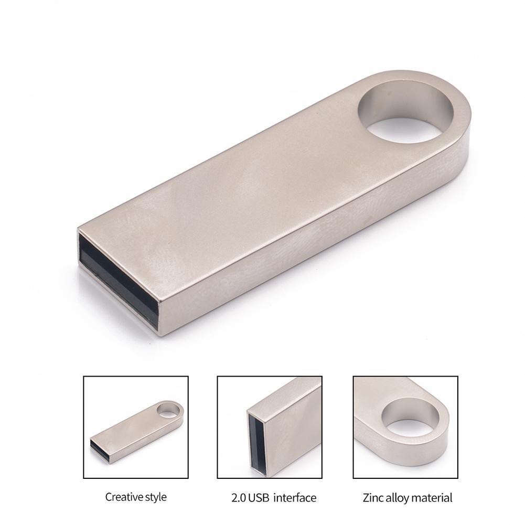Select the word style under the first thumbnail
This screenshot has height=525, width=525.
pyautogui.click(x=155, y=497)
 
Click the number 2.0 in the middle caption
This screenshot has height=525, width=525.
pyautogui.click(x=239, y=497)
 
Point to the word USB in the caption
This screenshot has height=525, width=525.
pyautogui.click(x=261, y=497)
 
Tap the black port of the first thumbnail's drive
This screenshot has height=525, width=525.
pyautogui.click(x=100, y=449)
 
